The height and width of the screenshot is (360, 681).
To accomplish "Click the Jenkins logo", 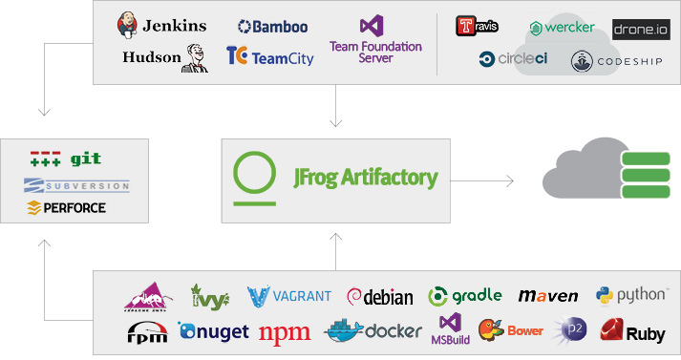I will pos(161,25).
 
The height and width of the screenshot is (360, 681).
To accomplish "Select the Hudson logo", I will pos(164,57).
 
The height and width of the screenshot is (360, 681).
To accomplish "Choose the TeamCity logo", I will pos(269,57).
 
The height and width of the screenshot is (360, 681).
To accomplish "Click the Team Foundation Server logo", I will pos(361,39).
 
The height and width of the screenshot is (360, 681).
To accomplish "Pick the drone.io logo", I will pos(640,30).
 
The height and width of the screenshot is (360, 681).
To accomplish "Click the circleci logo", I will pos(514,59).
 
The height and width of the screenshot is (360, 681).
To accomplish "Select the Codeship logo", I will pos(614,61).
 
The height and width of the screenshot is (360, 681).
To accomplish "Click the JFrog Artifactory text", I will pos(366,178).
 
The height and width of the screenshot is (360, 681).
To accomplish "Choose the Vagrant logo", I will pos(289,295).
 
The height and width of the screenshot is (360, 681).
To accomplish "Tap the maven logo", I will pos(548,296).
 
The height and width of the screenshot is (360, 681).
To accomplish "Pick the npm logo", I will pos(284,332).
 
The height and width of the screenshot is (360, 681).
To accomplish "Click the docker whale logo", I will pos(346,331).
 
